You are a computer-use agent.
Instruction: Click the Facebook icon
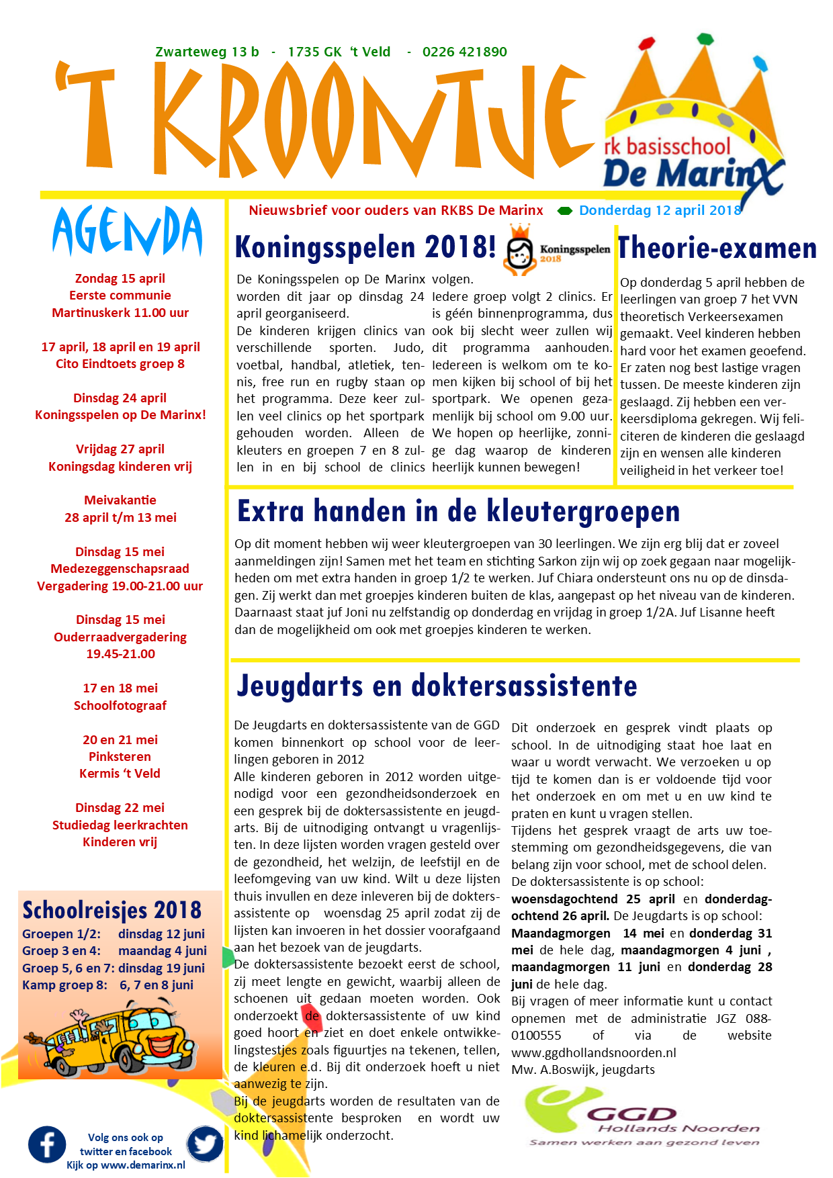(47, 1144)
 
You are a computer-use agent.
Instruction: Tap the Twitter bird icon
(205, 1144)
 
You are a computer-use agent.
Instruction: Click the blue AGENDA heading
(127, 232)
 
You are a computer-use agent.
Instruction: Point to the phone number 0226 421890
(464, 52)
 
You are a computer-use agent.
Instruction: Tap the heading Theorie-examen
(717, 248)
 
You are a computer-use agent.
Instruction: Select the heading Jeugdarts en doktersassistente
(437, 686)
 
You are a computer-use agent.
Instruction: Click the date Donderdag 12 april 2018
(660, 210)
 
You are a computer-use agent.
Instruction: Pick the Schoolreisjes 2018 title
(112, 910)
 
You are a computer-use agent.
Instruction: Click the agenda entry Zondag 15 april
(120, 278)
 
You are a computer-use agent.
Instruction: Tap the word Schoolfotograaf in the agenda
(120, 705)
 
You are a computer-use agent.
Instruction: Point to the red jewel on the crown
(646, 44)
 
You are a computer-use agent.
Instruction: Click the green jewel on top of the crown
(704, 38)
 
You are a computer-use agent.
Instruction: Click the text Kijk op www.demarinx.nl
(126, 1165)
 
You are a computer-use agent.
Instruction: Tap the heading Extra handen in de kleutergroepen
(458, 512)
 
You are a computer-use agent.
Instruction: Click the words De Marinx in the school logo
(692, 175)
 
